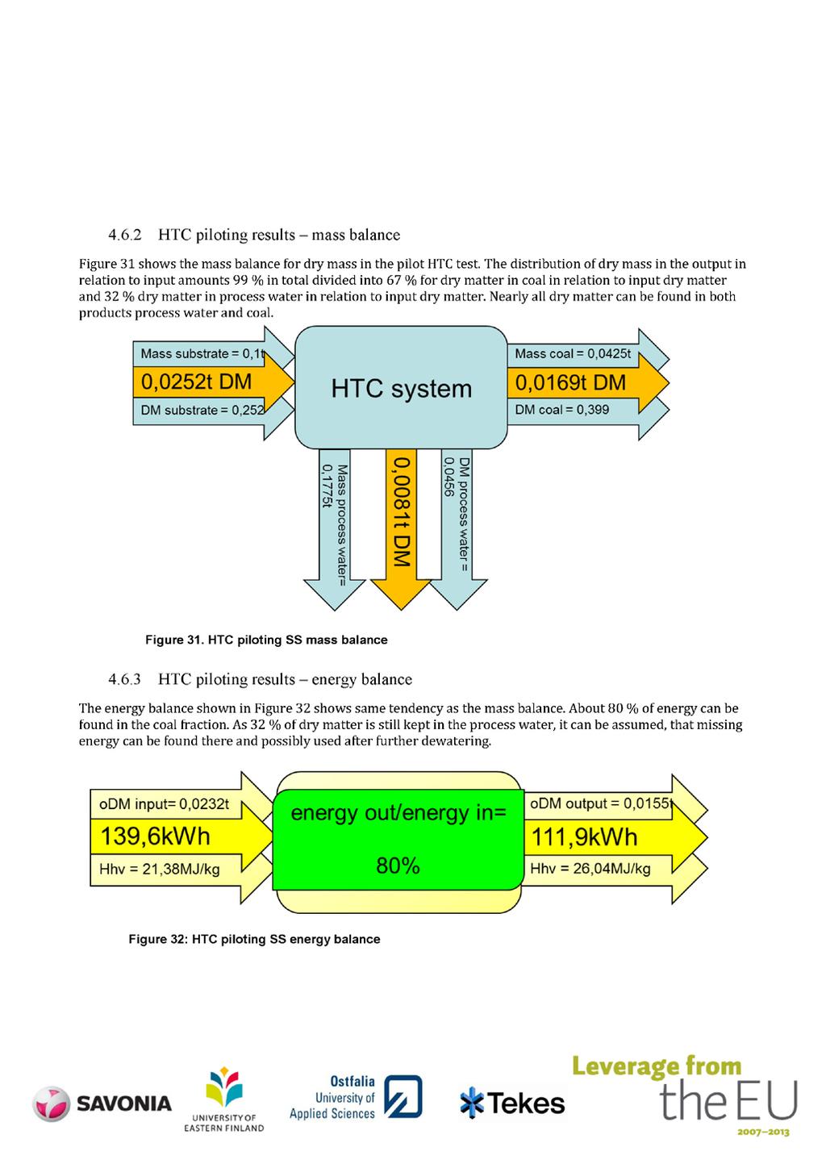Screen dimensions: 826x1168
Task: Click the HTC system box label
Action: click(x=401, y=389)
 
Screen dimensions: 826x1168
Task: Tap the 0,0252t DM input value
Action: click(x=196, y=382)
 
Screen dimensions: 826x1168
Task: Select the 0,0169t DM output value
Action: click(x=570, y=382)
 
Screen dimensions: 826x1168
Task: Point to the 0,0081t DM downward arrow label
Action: click(x=402, y=511)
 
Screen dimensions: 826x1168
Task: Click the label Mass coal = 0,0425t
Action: click(x=573, y=353)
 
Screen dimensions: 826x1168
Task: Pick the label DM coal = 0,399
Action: click(x=561, y=409)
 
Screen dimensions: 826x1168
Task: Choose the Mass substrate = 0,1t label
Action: click(x=202, y=353)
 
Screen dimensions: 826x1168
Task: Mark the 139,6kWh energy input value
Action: click(x=155, y=836)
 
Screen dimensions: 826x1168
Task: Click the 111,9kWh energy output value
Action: click(x=584, y=837)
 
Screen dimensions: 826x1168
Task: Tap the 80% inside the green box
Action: click(x=398, y=866)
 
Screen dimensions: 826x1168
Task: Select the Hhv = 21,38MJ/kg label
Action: click(x=159, y=870)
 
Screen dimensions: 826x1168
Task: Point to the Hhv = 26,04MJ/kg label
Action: click(x=590, y=869)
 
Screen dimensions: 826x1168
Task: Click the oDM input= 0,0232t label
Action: click(x=164, y=804)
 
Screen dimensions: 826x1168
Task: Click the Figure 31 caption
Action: click(x=266, y=640)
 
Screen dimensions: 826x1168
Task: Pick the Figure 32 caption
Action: click(x=254, y=939)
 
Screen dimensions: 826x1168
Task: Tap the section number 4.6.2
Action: click(x=125, y=235)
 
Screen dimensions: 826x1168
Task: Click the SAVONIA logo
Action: click(x=102, y=1103)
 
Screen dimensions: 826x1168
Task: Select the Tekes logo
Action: click(x=512, y=1103)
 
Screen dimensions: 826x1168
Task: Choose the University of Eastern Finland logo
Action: click(x=224, y=1099)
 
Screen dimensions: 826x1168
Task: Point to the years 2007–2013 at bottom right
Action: click(x=763, y=1132)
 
